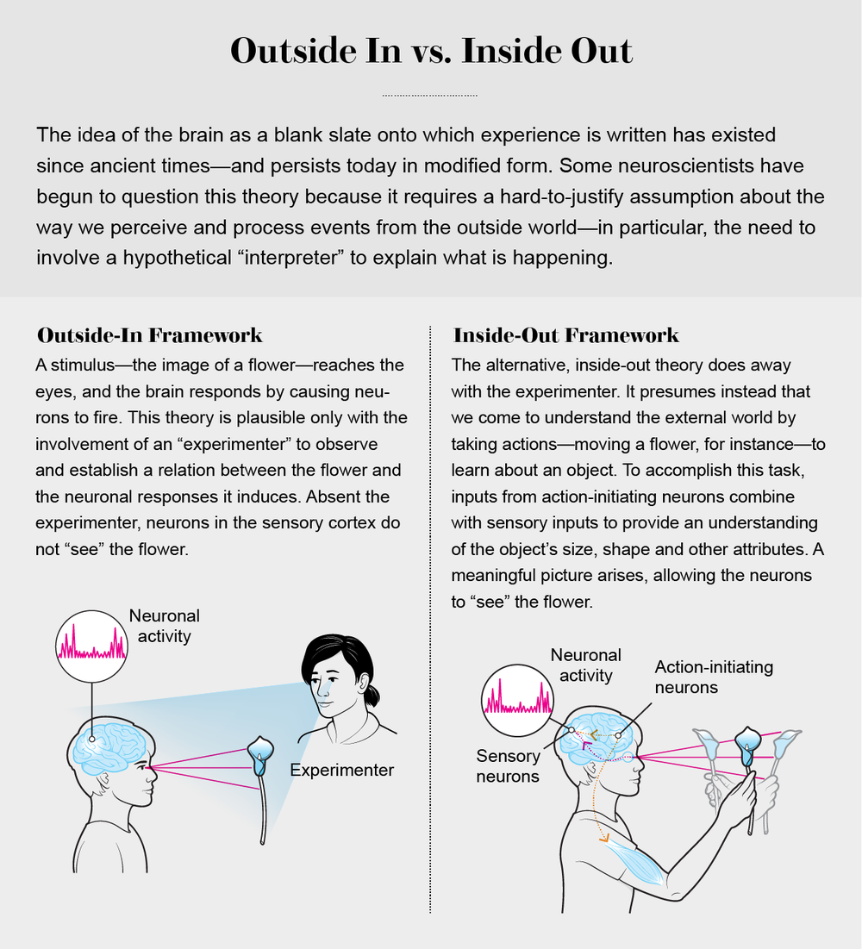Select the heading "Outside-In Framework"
click(149, 334)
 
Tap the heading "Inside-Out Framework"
click(565, 334)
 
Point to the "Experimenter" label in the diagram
click(342, 770)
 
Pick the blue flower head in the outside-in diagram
click(260, 752)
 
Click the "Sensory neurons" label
click(509, 766)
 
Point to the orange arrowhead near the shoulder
click(603, 835)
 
